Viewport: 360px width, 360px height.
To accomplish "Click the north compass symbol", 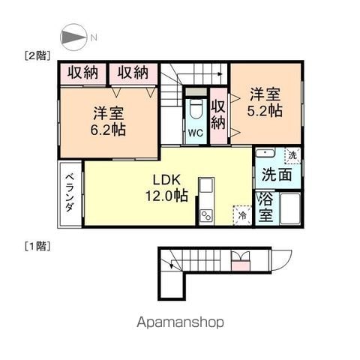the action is tap(73, 37).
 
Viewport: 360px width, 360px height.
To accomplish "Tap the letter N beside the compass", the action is tap(94, 37).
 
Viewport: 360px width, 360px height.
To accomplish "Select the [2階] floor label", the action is tap(37, 55).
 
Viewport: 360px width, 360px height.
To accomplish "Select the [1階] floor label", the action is tap(37, 246).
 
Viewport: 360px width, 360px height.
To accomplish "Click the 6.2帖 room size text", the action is tap(108, 130).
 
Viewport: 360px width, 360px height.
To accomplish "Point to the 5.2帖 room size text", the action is tap(265, 111).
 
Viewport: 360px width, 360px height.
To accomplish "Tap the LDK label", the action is tap(166, 180).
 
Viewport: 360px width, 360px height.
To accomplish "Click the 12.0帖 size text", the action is tap(166, 196).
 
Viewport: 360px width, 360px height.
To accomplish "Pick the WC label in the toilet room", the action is tap(196, 133).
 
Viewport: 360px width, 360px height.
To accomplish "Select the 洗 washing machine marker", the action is tap(292, 155).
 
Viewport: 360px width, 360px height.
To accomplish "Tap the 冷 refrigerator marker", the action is tap(242, 215).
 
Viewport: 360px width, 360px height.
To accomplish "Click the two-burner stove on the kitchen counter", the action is tap(207, 216).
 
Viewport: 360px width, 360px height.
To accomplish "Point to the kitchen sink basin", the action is tap(206, 185).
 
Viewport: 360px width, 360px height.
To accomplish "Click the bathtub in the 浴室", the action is tap(290, 208).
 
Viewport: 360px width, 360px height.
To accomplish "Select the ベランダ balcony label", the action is tap(70, 193).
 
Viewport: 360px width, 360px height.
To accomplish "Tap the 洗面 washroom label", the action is tap(277, 174).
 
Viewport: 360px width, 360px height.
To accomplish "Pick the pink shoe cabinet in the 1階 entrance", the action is tap(241, 265).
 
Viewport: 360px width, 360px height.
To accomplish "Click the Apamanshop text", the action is tap(180, 322).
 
